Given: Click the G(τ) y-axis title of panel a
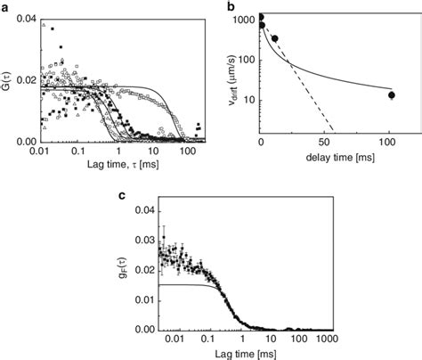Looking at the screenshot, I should tap(9, 80).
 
